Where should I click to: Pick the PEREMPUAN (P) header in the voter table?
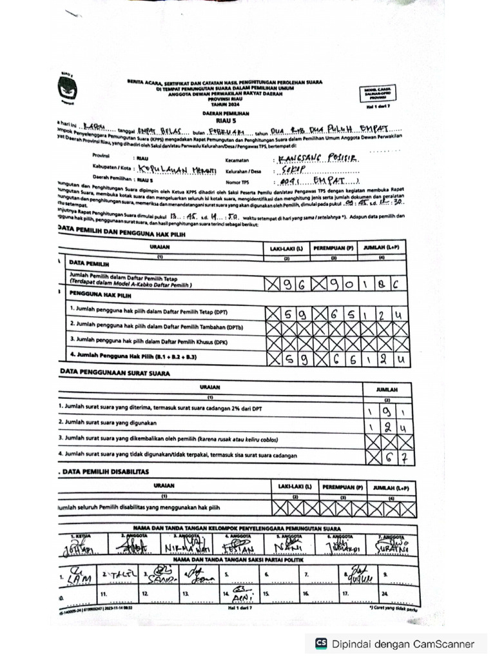(333, 248)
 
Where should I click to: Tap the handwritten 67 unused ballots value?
(394, 458)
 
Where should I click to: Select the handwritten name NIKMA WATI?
(182, 548)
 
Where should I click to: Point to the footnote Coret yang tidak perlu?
(394, 608)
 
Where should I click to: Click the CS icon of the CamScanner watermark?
(321, 644)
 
